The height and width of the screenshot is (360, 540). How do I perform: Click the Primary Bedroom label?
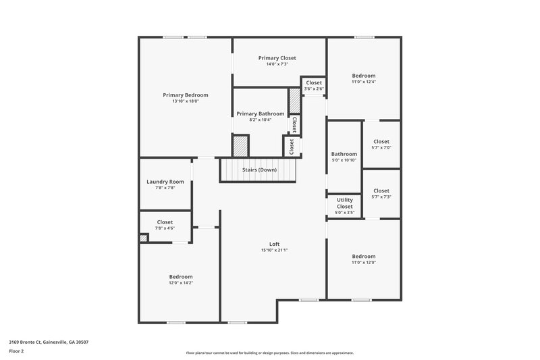185,95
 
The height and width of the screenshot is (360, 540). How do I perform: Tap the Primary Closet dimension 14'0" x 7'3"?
277,64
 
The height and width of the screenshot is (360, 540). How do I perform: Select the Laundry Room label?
165,182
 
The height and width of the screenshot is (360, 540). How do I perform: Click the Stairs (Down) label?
259,170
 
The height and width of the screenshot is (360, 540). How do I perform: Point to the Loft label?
274,244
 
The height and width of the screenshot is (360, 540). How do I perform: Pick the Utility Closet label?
344,203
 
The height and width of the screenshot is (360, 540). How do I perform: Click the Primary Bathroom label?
260,113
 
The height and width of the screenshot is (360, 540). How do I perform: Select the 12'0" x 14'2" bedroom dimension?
180,283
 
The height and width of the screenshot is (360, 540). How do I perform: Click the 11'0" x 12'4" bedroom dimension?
363,82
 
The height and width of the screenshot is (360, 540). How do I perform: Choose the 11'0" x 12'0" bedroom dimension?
363,262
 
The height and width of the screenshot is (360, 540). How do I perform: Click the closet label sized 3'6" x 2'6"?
314,83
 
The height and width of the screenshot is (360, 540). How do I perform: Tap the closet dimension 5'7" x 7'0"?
381,147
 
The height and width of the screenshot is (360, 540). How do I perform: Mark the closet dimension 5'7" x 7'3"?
381,197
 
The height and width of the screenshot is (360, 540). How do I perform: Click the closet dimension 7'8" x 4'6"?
165,228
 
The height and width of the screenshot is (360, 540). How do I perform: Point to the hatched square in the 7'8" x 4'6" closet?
144,238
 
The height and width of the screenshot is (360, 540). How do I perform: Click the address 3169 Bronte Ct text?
49,342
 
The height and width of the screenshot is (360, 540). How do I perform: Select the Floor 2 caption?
16,351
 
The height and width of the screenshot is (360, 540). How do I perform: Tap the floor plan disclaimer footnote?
269,353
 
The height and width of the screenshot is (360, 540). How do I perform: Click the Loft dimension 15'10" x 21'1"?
274,250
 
